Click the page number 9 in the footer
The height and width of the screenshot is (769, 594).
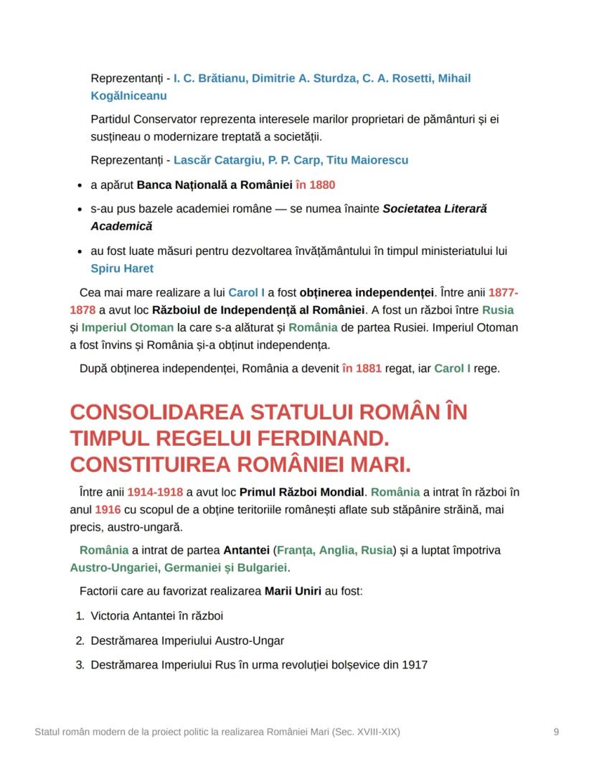(556, 732)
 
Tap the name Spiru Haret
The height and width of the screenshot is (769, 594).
(122, 269)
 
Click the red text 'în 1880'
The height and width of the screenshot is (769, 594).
(315, 185)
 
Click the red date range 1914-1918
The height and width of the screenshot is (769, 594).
(155, 492)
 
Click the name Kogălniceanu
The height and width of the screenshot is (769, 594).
(128, 95)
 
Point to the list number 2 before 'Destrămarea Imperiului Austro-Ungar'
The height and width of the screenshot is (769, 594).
(80, 640)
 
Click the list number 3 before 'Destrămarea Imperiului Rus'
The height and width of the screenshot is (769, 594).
(80, 665)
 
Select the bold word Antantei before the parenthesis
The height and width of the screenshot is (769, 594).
(247, 550)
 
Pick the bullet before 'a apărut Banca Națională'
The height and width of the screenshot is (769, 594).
(78, 185)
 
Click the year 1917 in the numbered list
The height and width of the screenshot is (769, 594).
(415, 665)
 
